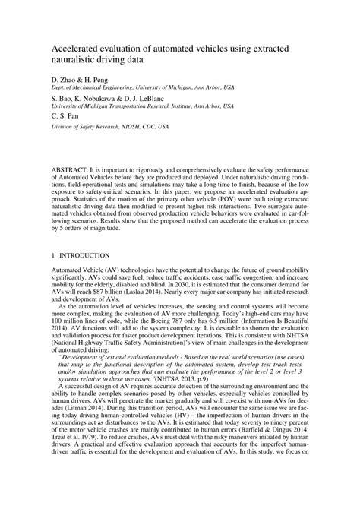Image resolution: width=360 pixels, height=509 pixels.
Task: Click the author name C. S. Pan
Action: coord(67,115)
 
